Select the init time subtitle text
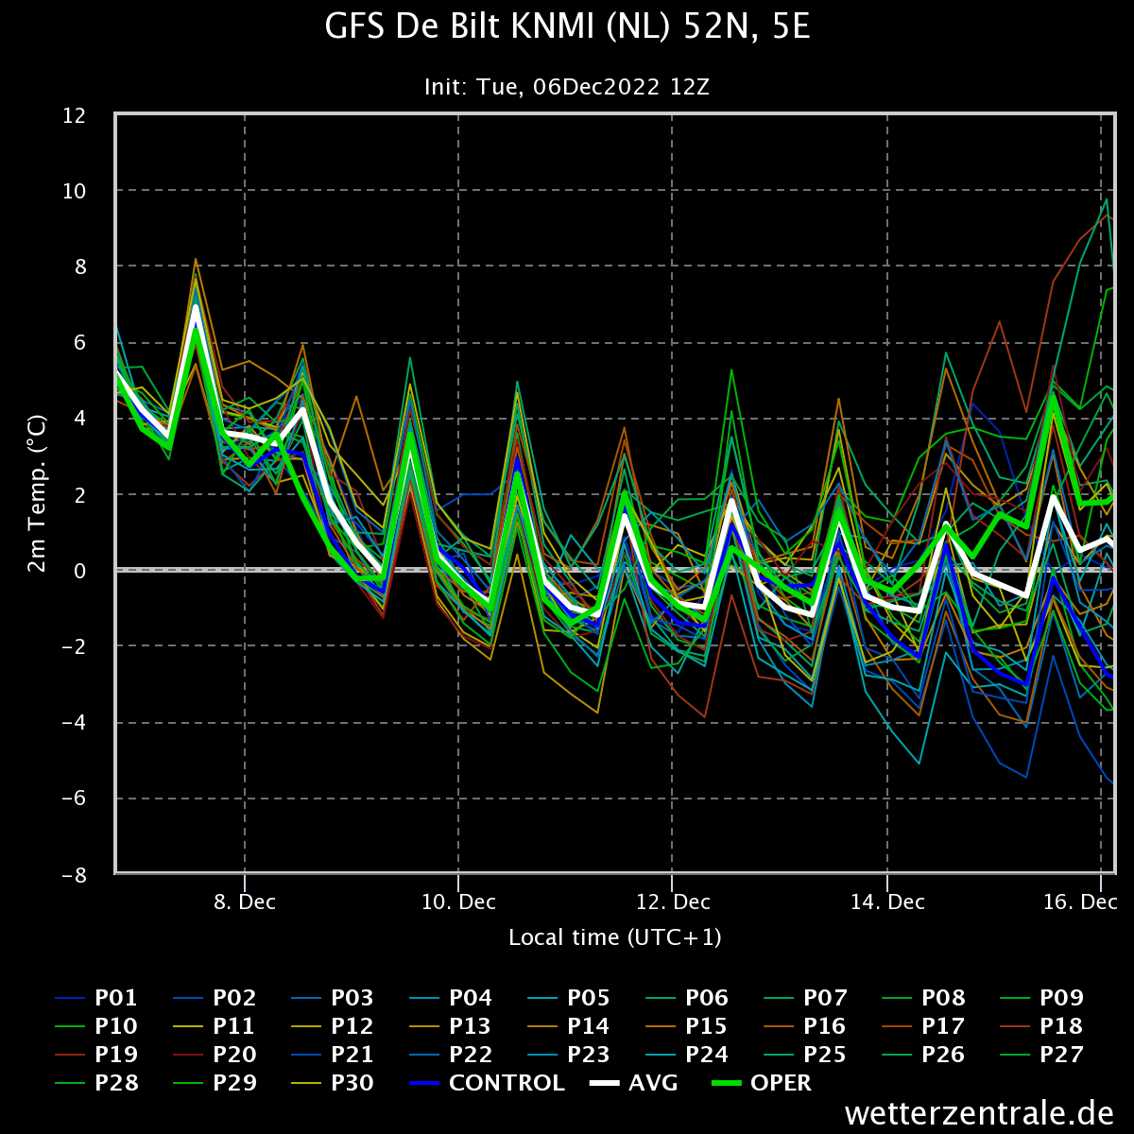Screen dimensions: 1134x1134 point(567,87)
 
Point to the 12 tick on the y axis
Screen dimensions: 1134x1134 point(74,115)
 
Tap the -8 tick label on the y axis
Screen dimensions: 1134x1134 point(74,875)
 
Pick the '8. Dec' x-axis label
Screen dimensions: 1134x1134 point(245,902)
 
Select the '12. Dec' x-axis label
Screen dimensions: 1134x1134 point(673,902)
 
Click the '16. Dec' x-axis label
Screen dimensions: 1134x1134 point(1080,902)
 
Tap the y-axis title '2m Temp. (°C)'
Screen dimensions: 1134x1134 point(37,493)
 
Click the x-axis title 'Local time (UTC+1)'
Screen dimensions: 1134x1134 point(615,937)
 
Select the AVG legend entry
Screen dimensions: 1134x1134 point(633,1083)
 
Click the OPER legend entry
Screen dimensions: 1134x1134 point(761,1083)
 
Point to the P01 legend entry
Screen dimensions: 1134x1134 point(96,998)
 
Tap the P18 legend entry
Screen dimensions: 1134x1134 point(1041,1026)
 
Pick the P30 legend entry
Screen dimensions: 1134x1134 point(333,1083)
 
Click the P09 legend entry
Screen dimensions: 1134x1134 point(1041,998)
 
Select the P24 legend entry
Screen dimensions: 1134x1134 point(687,1055)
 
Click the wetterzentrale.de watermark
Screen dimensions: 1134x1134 point(979,1113)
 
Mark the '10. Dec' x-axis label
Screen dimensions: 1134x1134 point(458,902)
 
